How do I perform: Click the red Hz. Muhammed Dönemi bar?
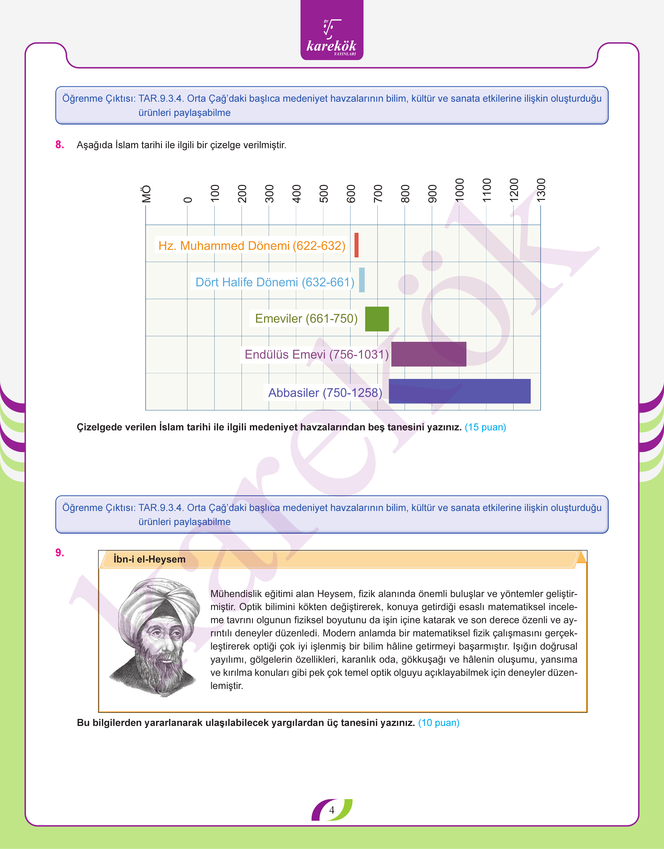point(356,245)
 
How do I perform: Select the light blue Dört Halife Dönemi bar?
point(362,280)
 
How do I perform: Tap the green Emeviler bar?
point(377,319)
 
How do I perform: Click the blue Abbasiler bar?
point(460,391)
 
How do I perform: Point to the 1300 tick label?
point(541,190)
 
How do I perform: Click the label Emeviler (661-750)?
point(306,319)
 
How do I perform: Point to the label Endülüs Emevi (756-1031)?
point(317,354)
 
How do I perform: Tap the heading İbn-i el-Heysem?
point(149,559)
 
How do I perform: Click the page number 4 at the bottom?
point(332,810)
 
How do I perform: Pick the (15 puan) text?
point(485,427)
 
